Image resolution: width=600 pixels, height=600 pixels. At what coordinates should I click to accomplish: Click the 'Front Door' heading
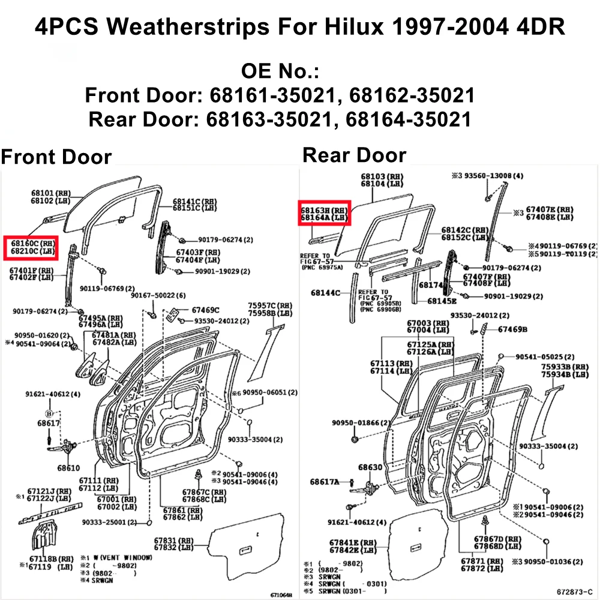[x=56, y=157]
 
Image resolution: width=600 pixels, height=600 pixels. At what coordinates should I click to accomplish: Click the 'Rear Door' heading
[x=354, y=155]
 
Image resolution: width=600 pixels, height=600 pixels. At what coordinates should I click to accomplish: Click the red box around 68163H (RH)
[x=325, y=213]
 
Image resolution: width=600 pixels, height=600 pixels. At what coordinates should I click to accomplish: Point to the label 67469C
[x=205, y=310]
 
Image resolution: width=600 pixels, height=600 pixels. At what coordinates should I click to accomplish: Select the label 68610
[x=68, y=467]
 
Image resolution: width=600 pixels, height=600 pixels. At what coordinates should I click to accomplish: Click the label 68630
[x=370, y=467]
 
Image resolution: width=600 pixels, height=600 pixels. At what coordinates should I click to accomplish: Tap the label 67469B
[x=512, y=329]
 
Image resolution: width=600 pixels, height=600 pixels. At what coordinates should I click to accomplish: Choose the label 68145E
[x=442, y=300]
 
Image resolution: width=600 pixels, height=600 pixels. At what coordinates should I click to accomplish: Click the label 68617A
[x=325, y=482]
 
